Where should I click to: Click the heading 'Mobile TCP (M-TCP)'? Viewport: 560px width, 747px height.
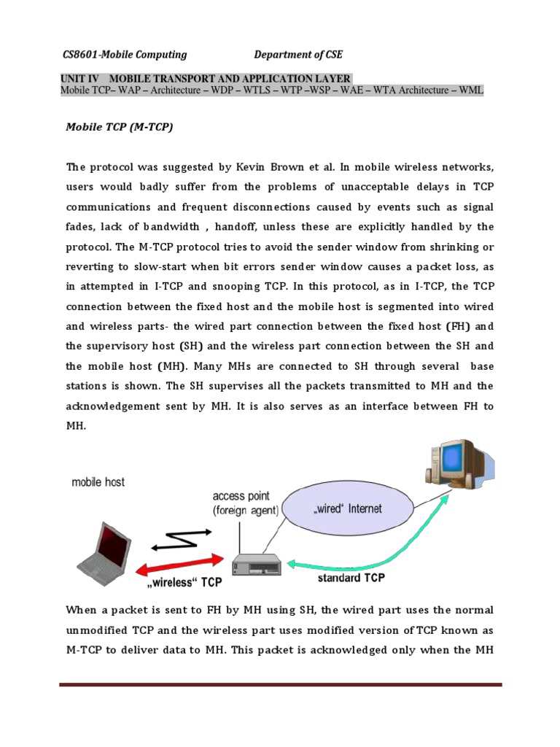[x=120, y=126]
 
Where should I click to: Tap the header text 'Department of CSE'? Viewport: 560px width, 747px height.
[x=297, y=54]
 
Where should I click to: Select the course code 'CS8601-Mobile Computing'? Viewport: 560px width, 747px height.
[x=123, y=54]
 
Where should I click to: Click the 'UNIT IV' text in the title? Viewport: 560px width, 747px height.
[x=81, y=79]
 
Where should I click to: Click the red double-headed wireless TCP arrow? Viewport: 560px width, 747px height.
[x=186, y=566]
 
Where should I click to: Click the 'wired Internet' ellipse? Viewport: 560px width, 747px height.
[x=348, y=509]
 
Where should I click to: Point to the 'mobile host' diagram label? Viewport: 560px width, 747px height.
[x=98, y=481]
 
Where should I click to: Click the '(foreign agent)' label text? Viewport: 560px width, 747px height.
[x=246, y=511]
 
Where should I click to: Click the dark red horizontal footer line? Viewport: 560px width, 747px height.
[x=281, y=685]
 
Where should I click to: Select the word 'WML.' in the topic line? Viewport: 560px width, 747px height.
[x=470, y=90]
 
